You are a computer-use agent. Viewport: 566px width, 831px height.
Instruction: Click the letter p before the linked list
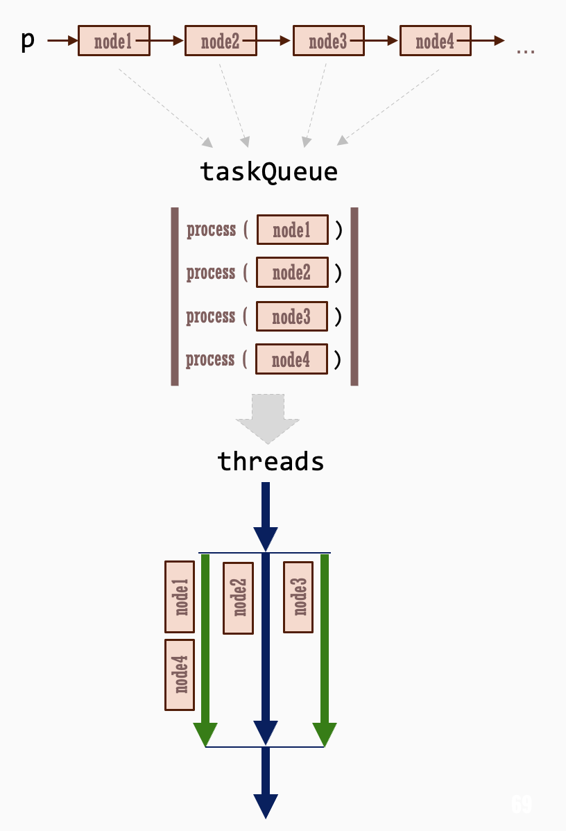click(x=28, y=41)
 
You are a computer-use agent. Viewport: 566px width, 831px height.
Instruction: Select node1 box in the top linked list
click(x=114, y=41)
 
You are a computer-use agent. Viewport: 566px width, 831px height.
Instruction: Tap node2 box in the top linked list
click(x=221, y=41)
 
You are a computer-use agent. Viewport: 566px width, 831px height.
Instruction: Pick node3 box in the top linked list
click(x=328, y=41)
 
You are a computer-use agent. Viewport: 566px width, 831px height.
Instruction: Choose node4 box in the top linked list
click(x=435, y=41)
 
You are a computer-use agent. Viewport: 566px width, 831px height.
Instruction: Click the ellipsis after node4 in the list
click(x=526, y=50)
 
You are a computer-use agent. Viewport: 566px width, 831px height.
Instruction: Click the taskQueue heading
click(x=268, y=171)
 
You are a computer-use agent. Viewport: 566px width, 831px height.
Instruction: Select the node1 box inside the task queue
click(x=292, y=230)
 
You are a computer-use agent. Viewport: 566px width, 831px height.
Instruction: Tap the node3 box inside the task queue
click(x=291, y=316)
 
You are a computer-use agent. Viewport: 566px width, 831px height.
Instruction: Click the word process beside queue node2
click(x=211, y=273)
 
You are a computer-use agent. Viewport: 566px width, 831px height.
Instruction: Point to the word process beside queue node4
click(x=210, y=359)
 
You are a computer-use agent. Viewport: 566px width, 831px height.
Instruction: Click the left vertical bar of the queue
click(x=175, y=296)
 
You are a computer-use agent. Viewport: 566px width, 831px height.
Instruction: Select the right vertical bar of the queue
click(x=354, y=296)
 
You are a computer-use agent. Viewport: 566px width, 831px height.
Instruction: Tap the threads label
click(x=271, y=461)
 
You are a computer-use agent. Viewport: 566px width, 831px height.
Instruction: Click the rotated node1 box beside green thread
click(x=180, y=597)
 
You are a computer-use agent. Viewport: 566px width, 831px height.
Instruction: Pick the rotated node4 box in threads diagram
click(x=180, y=674)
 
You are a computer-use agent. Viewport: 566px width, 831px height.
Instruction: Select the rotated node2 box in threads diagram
click(x=238, y=598)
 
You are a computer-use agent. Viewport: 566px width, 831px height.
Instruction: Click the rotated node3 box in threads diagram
click(x=298, y=597)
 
